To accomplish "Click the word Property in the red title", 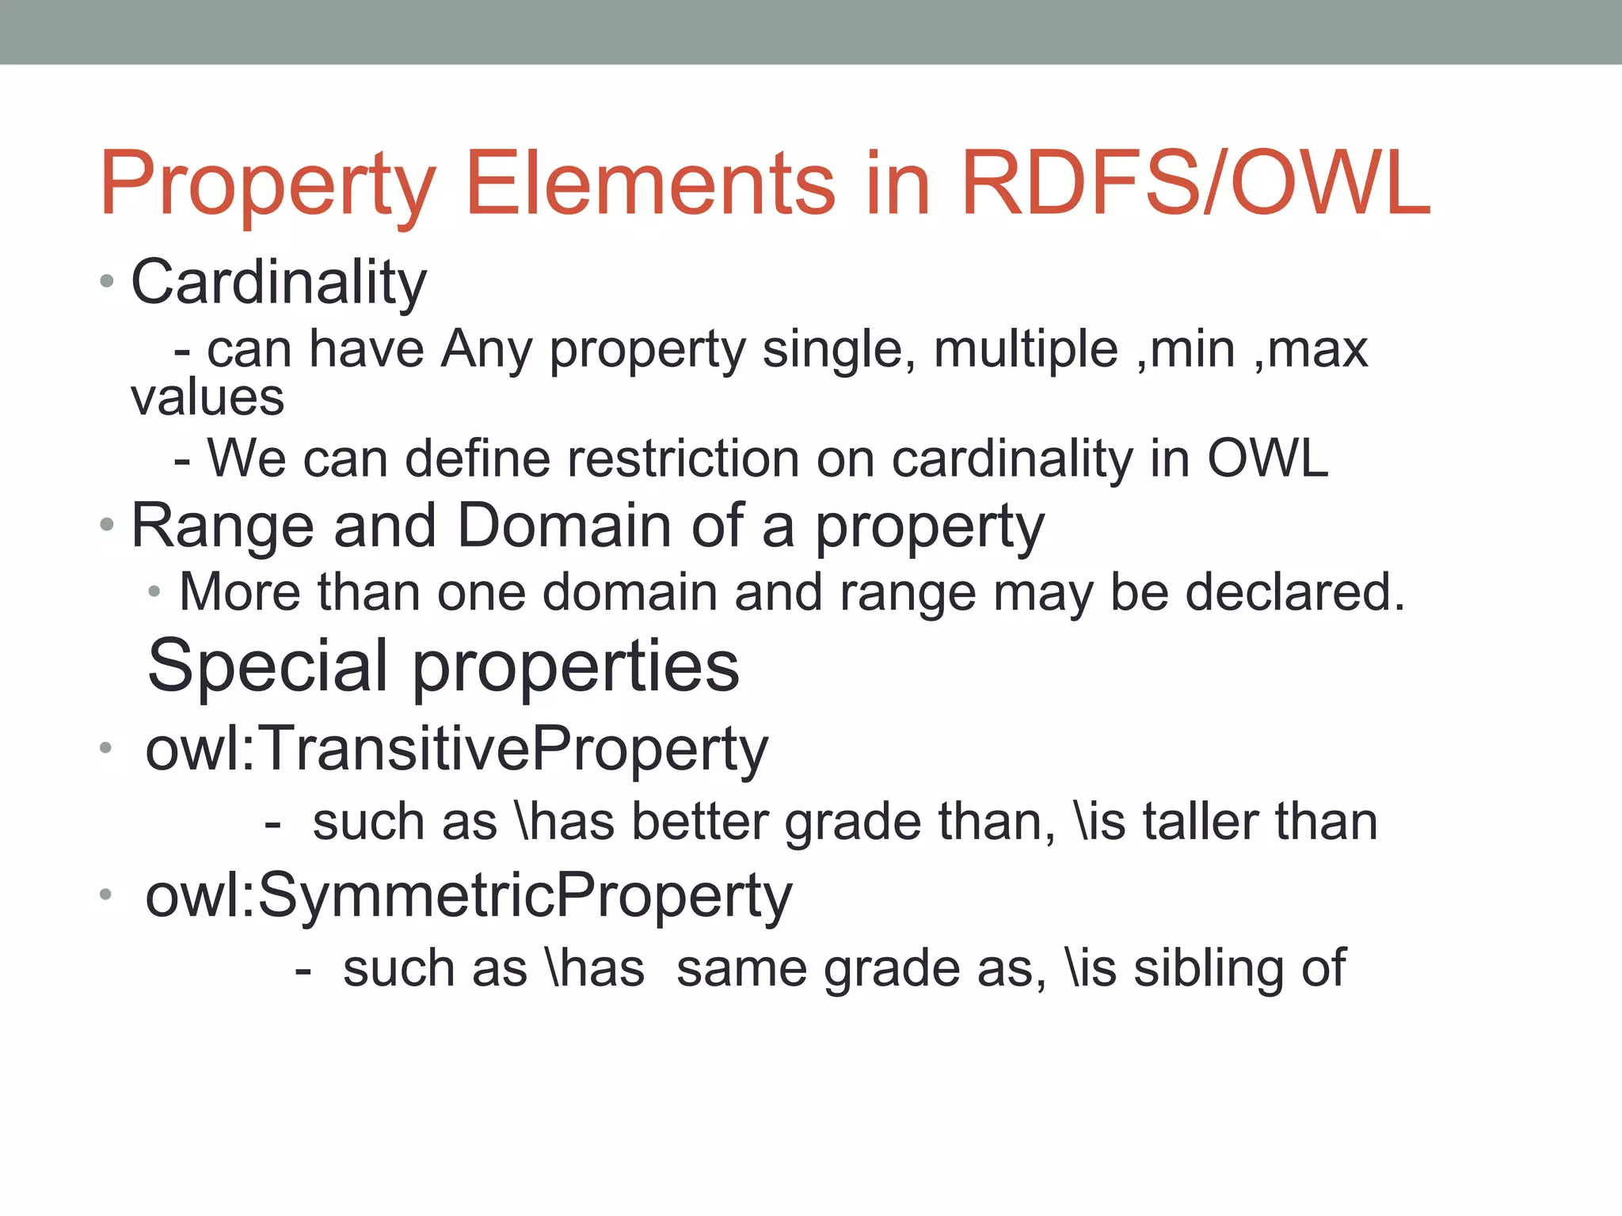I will (268, 185).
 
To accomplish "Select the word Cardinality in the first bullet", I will (278, 283).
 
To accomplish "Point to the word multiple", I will (1026, 349).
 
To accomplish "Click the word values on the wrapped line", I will (208, 397).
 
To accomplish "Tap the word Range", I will (223, 526).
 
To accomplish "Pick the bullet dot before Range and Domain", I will (107, 524).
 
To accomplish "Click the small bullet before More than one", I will (154, 591).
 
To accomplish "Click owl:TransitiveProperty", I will (457, 749).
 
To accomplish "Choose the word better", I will (700, 822).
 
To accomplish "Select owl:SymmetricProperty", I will (469, 896).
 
